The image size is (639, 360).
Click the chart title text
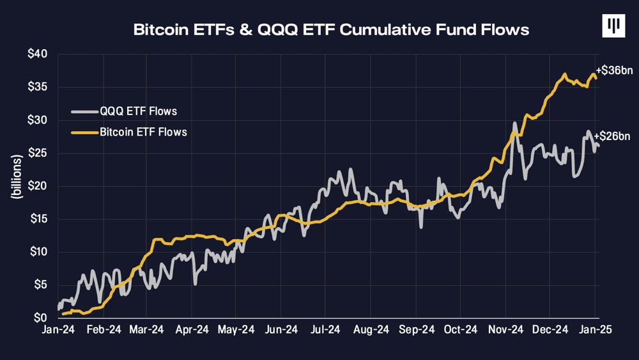coord(331,29)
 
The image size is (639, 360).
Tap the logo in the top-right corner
coord(613,26)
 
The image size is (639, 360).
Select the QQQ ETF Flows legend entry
coord(138,111)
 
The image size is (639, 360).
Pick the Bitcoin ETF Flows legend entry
coord(143,132)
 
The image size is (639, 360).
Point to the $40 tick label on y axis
coord(37,54)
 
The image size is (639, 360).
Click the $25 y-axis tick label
coord(37,153)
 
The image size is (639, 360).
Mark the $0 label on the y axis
coord(40,318)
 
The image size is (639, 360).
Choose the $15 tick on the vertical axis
coord(37,219)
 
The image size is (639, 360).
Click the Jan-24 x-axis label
coord(58,330)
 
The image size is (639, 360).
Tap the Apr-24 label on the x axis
coord(192,330)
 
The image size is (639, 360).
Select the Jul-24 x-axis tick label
coord(326,330)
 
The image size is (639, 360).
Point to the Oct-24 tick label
coord(461,330)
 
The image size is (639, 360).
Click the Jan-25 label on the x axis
coord(595,330)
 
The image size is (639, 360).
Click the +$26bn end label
coord(612,136)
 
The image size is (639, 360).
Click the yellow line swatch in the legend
coord(84,132)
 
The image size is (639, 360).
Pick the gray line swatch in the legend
coord(84,111)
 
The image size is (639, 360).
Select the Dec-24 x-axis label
coord(551,330)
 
